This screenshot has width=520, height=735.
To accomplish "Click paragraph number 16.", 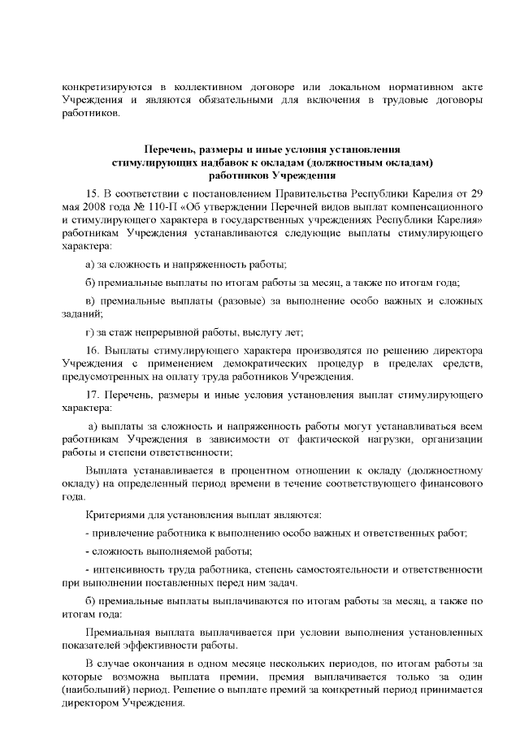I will [x=92, y=350].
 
